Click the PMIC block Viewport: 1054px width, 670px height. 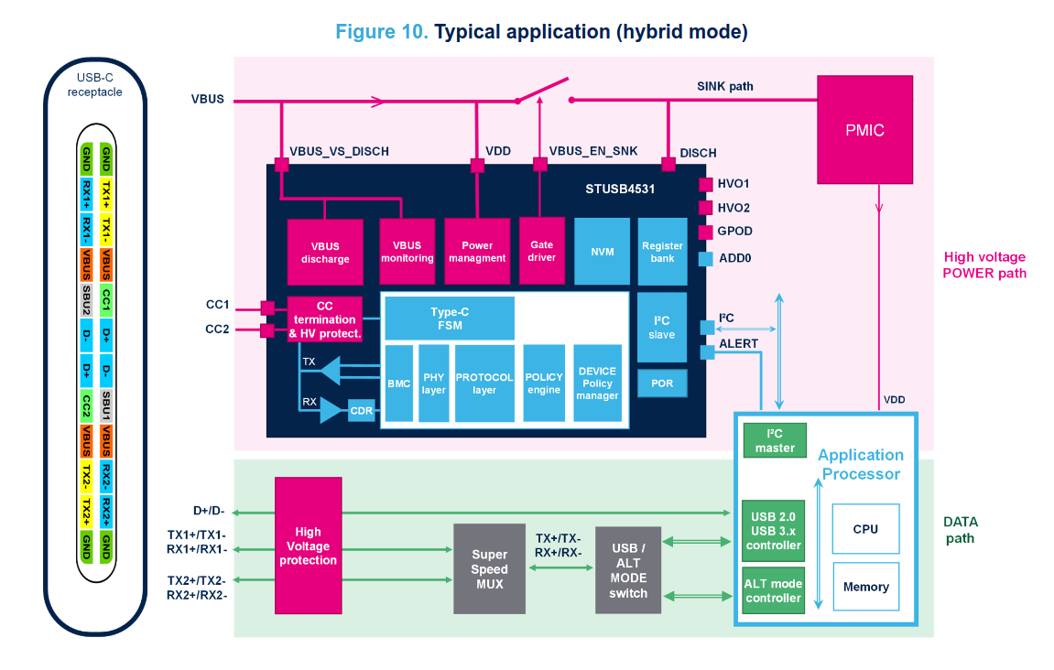pyautogui.click(x=864, y=129)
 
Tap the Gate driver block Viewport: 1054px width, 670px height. pyautogui.click(x=541, y=251)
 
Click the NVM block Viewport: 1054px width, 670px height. pyautogui.click(x=602, y=251)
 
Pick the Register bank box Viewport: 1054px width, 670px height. pyautogui.click(x=662, y=251)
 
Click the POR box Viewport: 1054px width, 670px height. pyautogui.click(x=662, y=383)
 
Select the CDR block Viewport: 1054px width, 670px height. pyautogui.click(x=362, y=411)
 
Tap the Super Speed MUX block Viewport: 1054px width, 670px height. pyautogui.click(x=490, y=568)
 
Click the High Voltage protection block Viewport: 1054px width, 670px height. pyautogui.click(x=308, y=546)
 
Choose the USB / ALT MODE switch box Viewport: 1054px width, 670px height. pyautogui.click(x=628, y=570)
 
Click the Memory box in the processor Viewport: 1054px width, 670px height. pyautogui.click(x=865, y=587)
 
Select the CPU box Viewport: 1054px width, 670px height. pyautogui.click(x=865, y=528)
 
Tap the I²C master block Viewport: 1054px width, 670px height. pyautogui.click(x=775, y=440)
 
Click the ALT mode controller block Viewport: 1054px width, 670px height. pyautogui.click(x=773, y=590)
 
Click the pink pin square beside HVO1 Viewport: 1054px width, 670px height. pyautogui.click(x=705, y=184)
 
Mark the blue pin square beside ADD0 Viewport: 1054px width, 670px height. pyautogui.click(x=705, y=259)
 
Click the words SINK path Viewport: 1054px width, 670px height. pyautogui.click(x=725, y=86)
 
